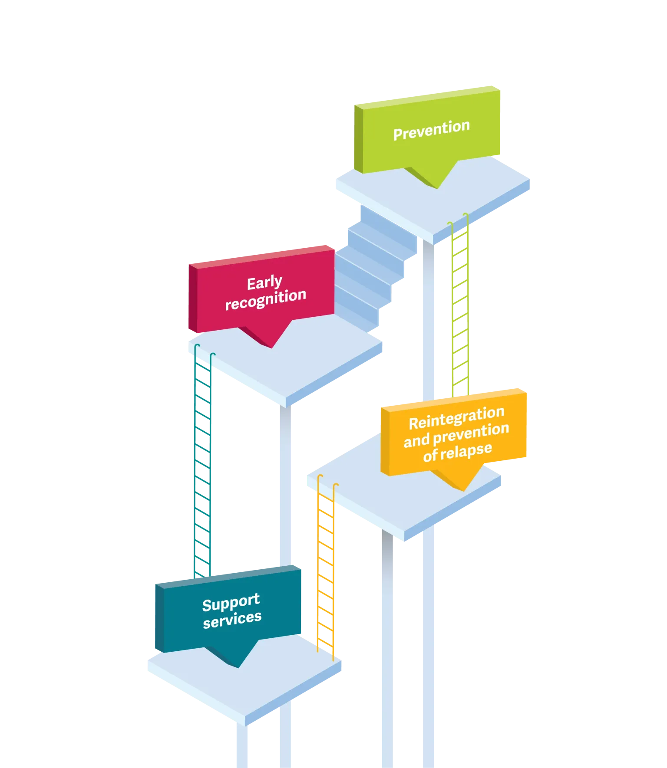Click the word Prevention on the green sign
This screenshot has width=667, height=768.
[431, 130]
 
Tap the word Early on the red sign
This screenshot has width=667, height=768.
[264, 283]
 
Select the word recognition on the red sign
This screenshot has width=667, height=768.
[266, 299]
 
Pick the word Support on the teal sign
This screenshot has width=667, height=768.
[231, 603]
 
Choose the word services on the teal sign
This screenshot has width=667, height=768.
[232, 619]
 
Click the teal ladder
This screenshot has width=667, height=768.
[201, 469]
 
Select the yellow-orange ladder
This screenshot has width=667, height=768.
[326, 573]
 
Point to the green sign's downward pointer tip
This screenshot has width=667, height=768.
[438, 187]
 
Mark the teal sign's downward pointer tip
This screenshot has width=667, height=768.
[238, 666]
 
